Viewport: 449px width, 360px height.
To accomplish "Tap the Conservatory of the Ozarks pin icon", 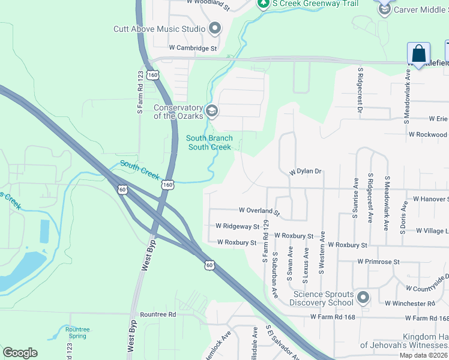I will point(211,111).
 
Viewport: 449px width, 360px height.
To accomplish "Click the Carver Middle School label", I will point(421,10).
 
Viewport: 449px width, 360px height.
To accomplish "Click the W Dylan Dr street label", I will point(306,172).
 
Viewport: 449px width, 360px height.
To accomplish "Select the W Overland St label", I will point(259,211).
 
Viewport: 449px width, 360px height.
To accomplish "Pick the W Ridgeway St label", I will point(237,227).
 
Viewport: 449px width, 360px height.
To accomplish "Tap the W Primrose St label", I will point(378,262).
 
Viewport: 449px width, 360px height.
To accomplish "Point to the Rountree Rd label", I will point(157,314).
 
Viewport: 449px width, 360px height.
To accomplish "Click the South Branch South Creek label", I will point(209,143).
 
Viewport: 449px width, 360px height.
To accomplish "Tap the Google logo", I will point(20,353).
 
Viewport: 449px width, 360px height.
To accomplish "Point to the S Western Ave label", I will point(322,252).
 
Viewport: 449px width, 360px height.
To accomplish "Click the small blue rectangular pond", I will point(45,232).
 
